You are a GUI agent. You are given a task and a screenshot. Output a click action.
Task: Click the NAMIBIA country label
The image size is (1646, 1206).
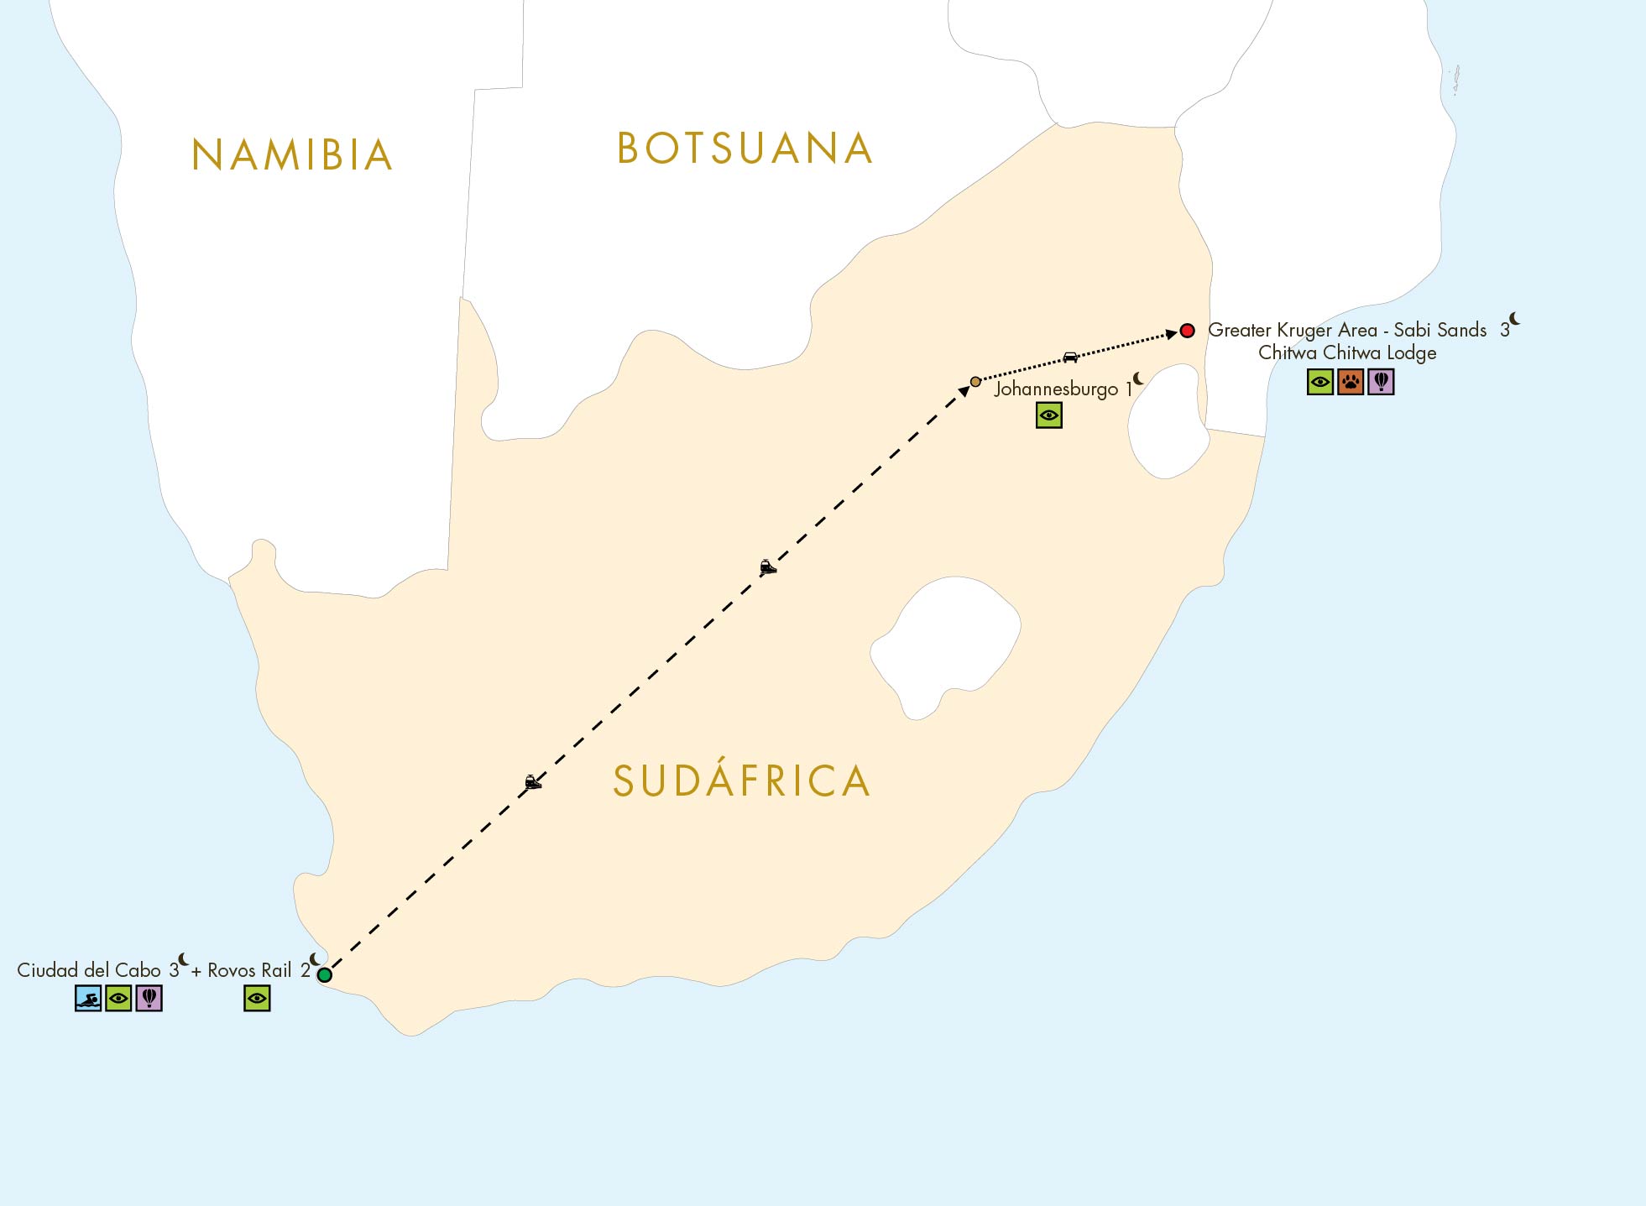tap(292, 155)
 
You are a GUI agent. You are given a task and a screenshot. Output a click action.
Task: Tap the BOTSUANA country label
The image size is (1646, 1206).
tap(745, 149)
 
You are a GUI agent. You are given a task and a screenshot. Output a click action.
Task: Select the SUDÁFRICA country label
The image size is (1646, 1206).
tap(741, 781)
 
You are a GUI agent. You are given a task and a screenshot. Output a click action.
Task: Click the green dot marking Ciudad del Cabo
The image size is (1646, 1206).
tap(325, 974)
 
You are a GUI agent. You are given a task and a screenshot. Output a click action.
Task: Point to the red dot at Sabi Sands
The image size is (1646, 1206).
tap(1187, 331)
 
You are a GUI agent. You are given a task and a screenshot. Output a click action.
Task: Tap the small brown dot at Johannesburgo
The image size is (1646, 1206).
tap(975, 382)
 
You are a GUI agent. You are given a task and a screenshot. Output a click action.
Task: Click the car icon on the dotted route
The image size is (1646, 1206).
tap(1070, 358)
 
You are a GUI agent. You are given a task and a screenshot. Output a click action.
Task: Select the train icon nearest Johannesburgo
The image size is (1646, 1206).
tap(767, 567)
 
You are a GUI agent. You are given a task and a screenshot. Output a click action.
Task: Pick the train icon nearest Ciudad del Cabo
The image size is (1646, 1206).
tap(532, 782)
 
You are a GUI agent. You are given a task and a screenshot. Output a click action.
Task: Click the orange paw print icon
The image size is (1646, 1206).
tap(1351, 383)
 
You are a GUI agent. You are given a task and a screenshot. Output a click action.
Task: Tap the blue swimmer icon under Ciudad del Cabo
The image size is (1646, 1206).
tap(88, 999)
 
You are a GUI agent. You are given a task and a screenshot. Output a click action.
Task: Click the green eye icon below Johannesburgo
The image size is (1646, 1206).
tap(1049, 415)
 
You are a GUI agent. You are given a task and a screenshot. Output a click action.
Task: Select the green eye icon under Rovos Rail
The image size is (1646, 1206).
tap(257, 999)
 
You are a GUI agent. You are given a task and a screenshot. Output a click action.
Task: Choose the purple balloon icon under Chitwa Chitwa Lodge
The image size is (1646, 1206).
tap(1381, 383)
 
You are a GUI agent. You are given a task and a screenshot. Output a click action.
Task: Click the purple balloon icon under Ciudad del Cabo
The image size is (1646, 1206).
tap(149, 999)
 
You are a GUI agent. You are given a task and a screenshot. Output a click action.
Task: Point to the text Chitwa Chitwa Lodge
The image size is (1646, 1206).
tap(1346, 353)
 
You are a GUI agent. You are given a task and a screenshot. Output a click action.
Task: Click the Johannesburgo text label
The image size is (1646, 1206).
tap(1056, 389)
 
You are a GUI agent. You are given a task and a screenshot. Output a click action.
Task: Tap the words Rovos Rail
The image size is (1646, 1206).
tap(249, 971)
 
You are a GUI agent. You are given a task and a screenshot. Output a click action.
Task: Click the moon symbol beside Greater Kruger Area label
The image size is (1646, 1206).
tap(1514, 319)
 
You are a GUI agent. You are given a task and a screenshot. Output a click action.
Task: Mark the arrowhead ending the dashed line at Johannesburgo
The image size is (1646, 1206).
tap(964, 391)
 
